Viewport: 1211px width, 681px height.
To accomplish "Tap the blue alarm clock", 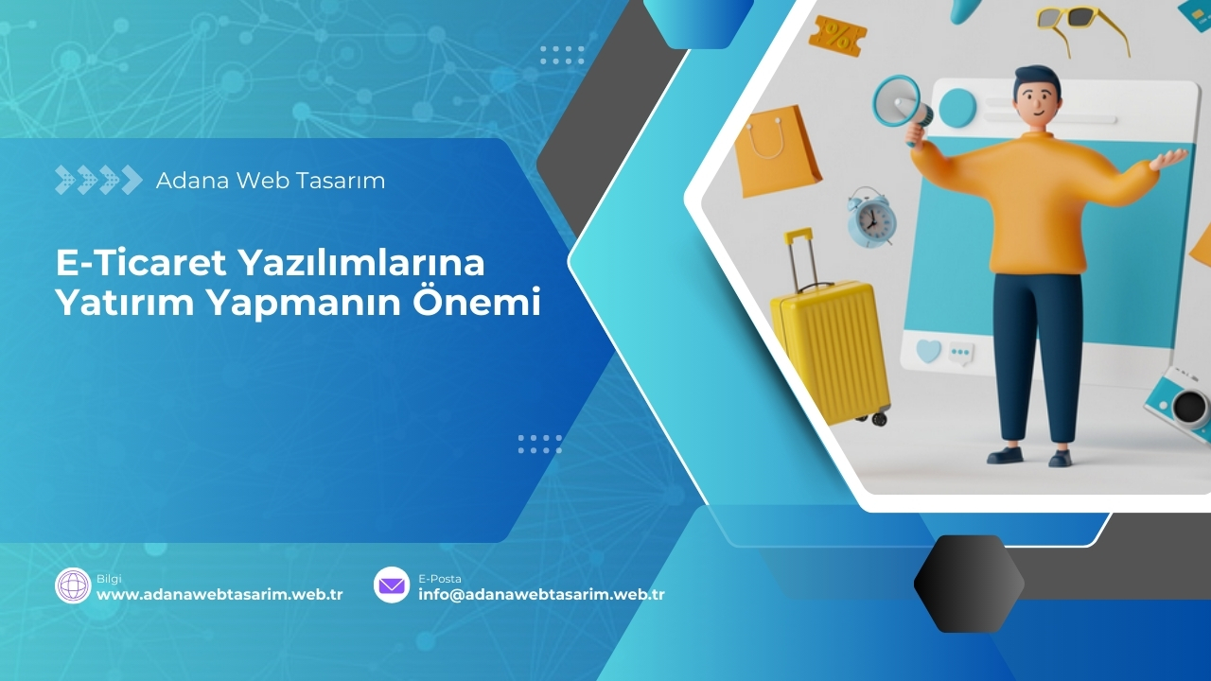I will coord(870,219).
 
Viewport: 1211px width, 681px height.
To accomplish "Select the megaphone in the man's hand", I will coord(899,102).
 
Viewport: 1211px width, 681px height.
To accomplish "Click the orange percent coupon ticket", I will coord(837,36).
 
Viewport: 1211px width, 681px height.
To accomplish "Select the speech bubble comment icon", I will coord(961,353).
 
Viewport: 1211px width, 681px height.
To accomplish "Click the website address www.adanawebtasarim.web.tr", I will coord(219,595).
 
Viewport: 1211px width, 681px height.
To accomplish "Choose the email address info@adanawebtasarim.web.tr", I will coord(541,595).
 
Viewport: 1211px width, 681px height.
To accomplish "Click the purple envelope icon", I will coord(392,585).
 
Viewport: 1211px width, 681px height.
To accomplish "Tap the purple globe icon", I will coord(73,585).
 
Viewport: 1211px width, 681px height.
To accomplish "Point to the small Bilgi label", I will coord(109,578).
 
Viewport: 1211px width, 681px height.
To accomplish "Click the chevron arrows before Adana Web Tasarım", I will coord(98,180).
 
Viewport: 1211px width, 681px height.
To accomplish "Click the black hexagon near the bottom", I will coord(968,584).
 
